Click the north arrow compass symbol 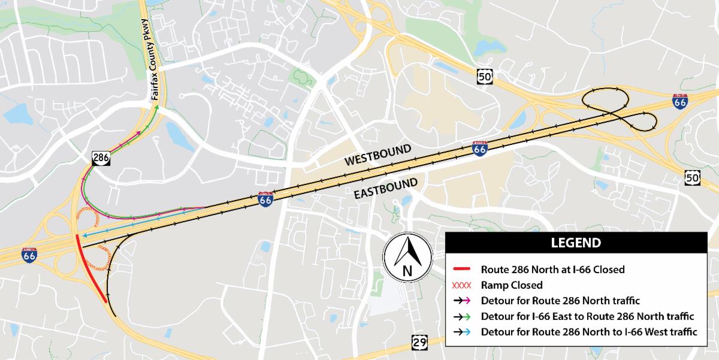tap(407, 257)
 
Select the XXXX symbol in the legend tap(463, 285)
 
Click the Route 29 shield tap(419, 343)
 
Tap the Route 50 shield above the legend tap(693, 177)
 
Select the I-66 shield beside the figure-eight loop tap(679, 101)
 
